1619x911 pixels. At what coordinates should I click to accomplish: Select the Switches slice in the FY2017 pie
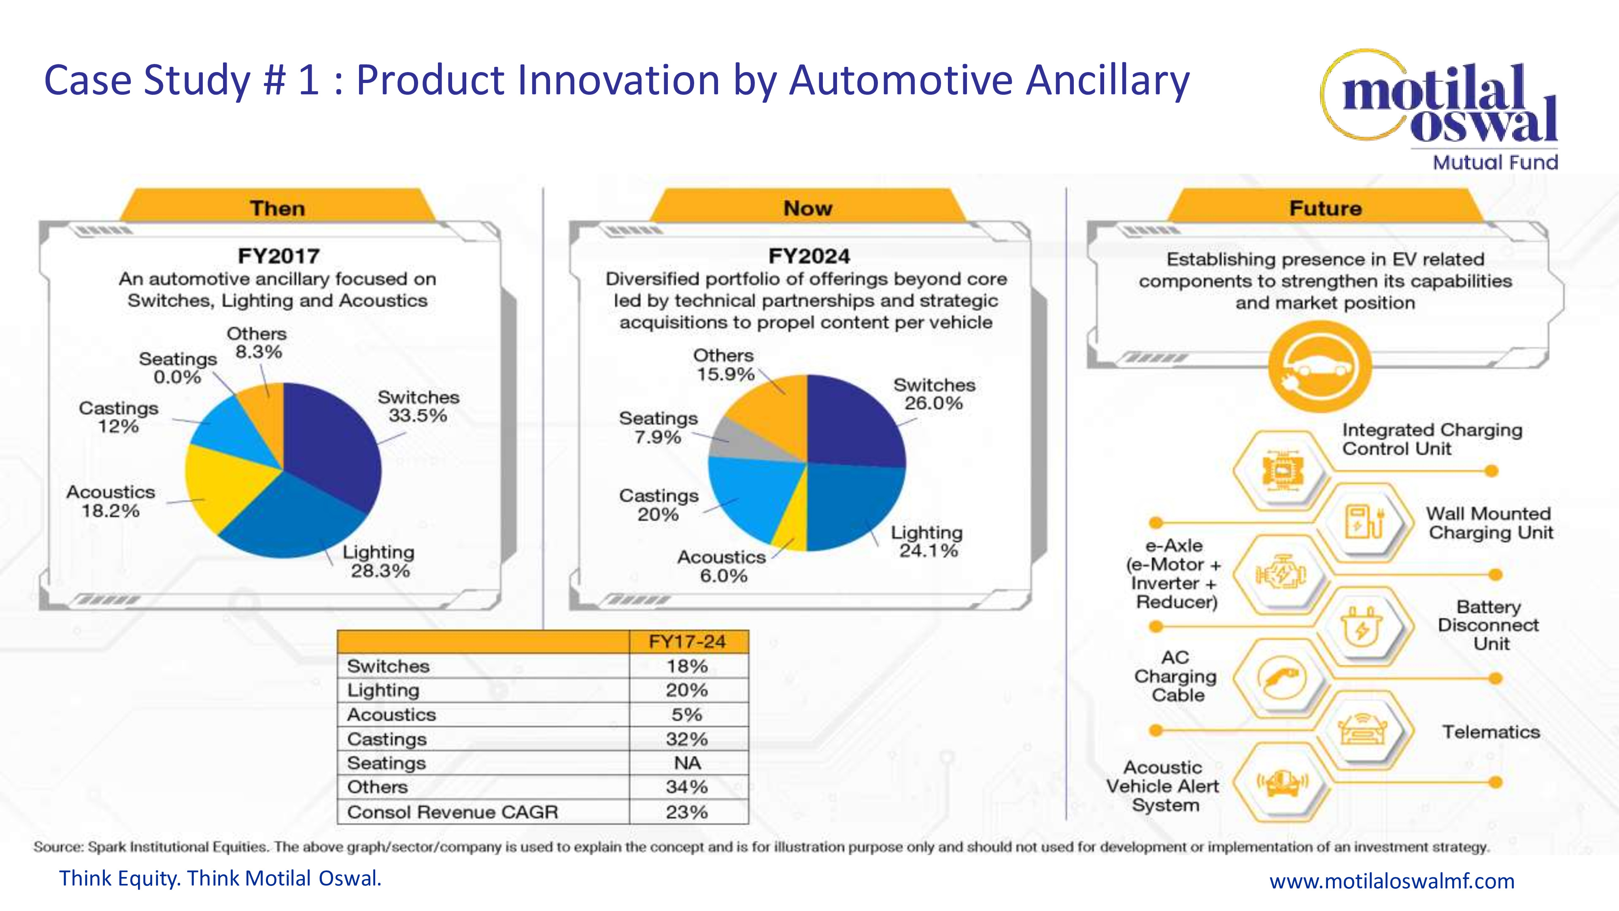click(333, 446)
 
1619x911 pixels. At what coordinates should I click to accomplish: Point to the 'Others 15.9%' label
click(724, 365)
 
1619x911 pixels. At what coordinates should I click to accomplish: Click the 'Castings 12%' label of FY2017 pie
click(118, 417)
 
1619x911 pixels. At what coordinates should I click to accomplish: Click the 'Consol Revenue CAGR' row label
click(453, 812)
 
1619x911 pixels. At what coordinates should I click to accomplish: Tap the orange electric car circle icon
click(1319, 366)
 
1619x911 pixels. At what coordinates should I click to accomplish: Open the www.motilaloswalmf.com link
click(1392, 881)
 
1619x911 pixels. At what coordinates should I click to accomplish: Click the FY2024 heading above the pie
click(809, 256)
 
